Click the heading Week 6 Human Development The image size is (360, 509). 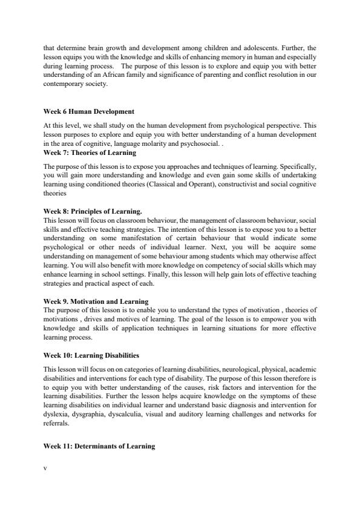(89, 112)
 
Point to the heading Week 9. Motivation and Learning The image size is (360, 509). (96, 301)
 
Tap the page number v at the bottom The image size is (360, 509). (45, 468)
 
